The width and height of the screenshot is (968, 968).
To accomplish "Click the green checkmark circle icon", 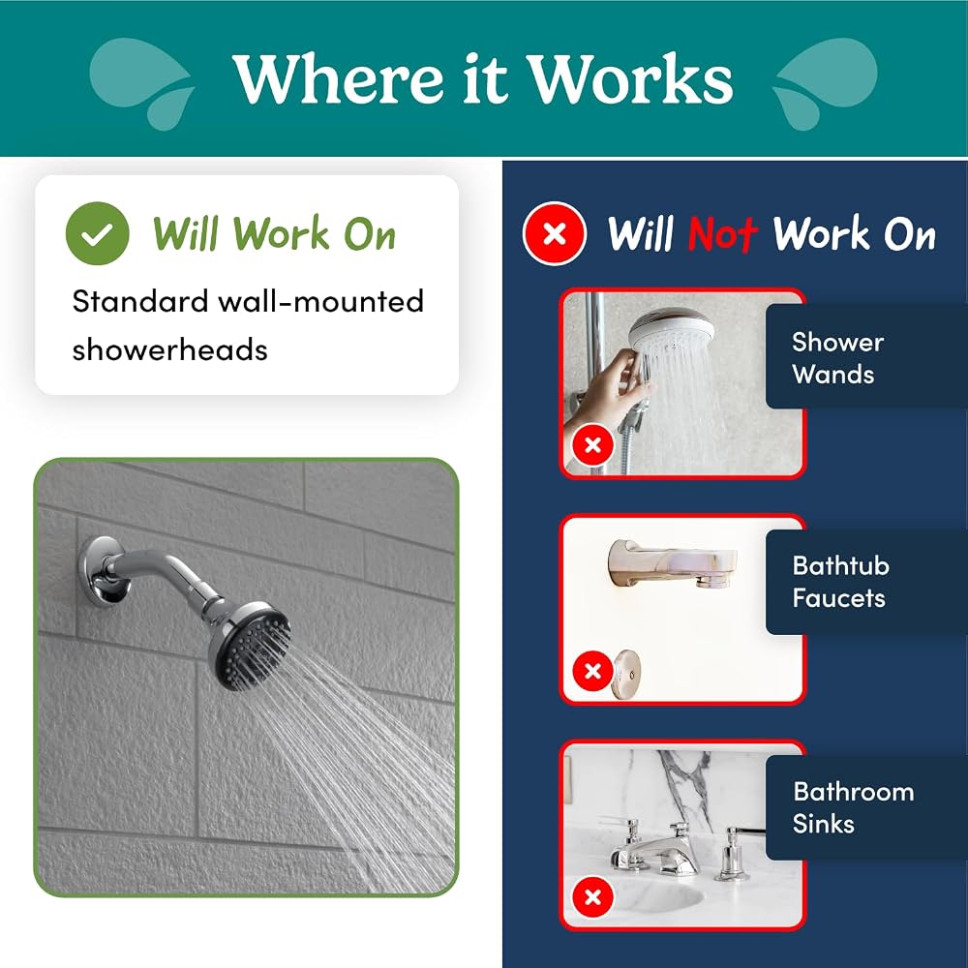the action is coord(98,233).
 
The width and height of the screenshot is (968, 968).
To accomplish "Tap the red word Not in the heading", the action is coord(722,234).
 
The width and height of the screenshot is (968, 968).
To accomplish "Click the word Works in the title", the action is coord(631,78).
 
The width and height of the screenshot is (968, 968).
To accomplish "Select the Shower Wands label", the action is coord(837,358).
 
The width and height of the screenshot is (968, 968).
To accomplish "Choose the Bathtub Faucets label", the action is coord(841,582).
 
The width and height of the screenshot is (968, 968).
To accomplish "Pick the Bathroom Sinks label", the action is coord(853,807).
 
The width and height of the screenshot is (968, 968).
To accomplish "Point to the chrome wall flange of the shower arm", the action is coord(100,571).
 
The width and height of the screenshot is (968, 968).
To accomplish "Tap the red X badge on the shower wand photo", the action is coord(592,444).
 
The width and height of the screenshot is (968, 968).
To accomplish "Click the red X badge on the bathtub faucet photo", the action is coord(592,671).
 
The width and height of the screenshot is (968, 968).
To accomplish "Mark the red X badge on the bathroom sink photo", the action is coord(592,896).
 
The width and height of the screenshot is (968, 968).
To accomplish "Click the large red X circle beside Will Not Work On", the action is coord(555,233).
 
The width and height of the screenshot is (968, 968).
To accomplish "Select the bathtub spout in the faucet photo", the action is coord(672,563).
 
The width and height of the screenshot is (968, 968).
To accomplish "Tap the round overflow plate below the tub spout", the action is coord(626,674).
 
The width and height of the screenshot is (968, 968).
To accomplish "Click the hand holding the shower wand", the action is coord(608,389).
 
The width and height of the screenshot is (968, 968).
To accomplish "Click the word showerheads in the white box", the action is coord(169,349).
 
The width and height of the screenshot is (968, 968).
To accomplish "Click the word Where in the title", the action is coord(338,78).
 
